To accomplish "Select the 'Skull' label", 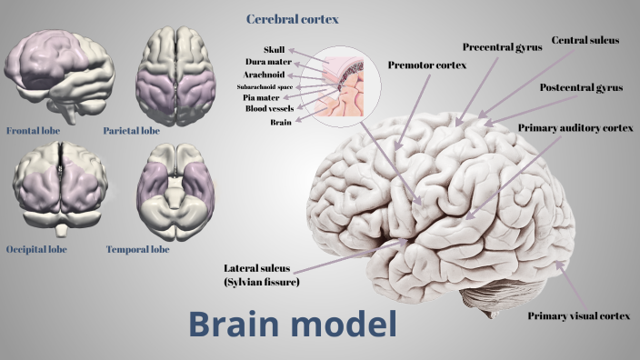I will (x=274, y=49).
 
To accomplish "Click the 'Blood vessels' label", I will (x=268, y=108).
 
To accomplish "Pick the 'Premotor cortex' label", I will (x=425, y=65).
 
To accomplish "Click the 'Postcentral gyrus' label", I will (x=581, y=87).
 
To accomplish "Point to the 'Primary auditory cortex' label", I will (x=575, y=128).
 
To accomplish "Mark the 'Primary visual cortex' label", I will (x=579, y=315).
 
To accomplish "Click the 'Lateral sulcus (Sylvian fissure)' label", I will (x=261, y=275).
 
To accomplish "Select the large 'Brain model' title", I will (x=293, y=323).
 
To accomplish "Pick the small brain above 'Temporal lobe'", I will (x=175, y=191).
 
